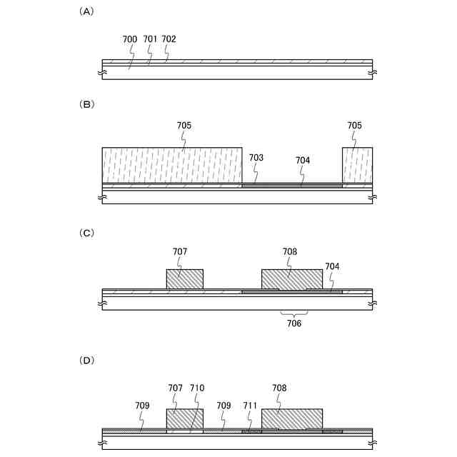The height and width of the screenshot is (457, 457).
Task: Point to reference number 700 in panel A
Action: (130, 39)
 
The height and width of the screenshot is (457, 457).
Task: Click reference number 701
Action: (149, 39)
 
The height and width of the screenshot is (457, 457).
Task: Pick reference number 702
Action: (169, 39)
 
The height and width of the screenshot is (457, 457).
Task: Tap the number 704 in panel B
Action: (303, 161)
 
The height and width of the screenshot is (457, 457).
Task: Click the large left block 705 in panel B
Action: (172, 165)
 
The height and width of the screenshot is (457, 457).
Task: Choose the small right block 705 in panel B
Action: (357, 165)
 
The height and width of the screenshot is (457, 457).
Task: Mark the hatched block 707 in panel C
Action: (184, 279)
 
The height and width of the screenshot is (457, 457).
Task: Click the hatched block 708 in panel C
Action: (291, 278)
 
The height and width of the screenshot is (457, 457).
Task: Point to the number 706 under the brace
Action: (294, 323)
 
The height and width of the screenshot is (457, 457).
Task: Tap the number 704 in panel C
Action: (333, 266)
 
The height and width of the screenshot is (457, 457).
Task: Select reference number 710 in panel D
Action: (197, 388)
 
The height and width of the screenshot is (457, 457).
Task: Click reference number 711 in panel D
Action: (250, 405)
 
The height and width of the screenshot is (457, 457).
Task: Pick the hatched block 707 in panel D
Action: (184, 418)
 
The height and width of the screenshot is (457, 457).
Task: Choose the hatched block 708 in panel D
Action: (291, 418)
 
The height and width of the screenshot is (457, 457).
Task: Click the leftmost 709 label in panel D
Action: (142, 405)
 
